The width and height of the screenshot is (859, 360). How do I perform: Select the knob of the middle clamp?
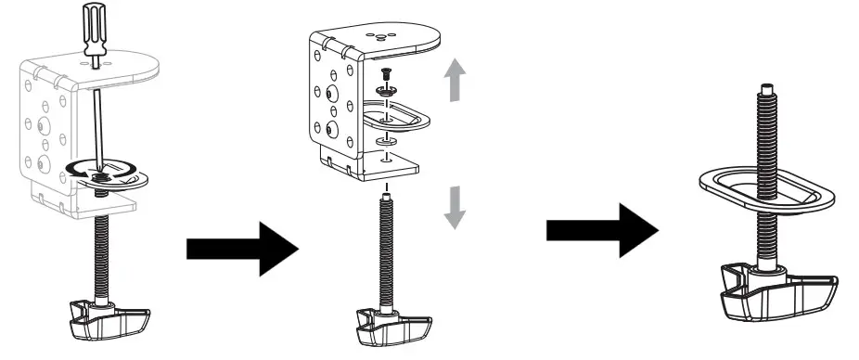(x=391, y=326)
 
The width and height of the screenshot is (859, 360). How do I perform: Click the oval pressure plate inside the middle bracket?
(x=408, y=115)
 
